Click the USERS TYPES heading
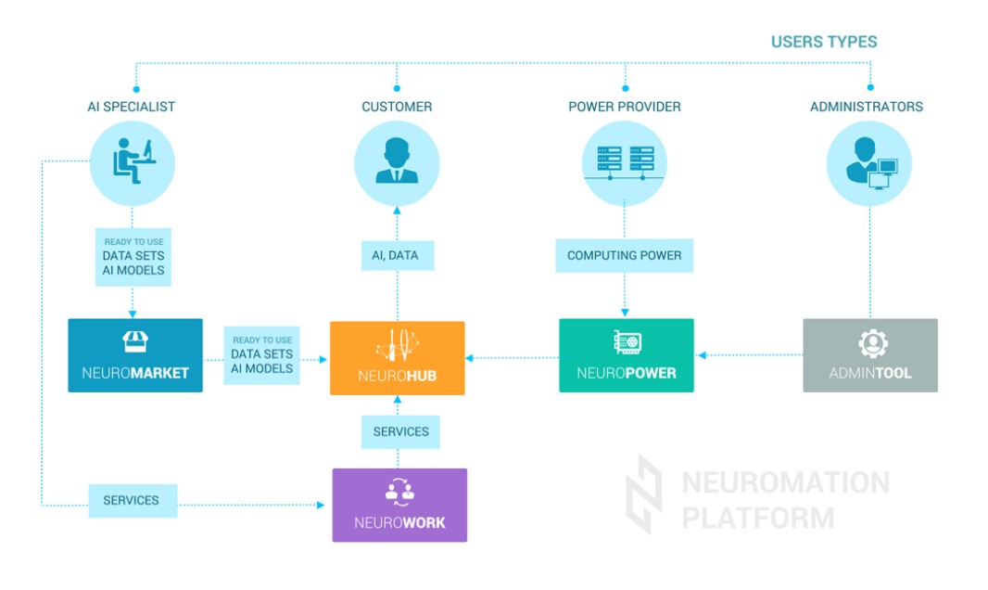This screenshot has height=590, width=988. (x=823, y=42)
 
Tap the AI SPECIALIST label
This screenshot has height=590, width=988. (x=131, y=107)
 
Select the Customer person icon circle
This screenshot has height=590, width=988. (x=397, y=163)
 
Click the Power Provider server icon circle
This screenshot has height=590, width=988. (x=625, y=163)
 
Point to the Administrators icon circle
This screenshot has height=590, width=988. (x=868, y=163)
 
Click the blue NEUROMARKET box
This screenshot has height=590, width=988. (x=135, y=355)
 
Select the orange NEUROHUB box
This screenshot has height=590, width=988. (x=397, y=358)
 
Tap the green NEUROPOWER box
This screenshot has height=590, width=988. (x=627, y=355)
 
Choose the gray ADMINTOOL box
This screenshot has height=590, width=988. (x=870, y=355)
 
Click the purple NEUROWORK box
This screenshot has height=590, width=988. (x=399, y=505)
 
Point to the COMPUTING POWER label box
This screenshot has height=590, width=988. (x=624, y=255)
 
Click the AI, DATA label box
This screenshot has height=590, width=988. (x=397, y=255)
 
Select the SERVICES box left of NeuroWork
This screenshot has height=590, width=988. (x=132, y=500)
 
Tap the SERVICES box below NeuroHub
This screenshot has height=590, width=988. (x=400, y=431)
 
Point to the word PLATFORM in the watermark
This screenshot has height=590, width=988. (x=758, y=518)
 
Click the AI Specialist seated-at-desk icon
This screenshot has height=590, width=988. (x=133, y=163)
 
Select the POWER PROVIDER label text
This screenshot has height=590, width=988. (x=624, y=107)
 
